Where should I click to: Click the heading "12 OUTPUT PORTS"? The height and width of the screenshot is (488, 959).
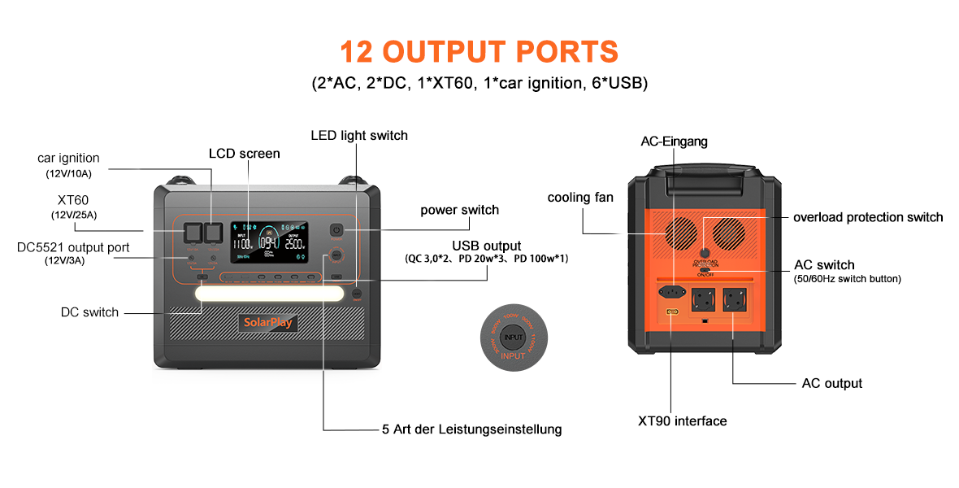(x=479, y=51)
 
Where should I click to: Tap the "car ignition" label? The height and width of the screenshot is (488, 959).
(x=68, y=158)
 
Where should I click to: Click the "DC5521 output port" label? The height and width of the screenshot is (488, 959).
(x=73, y=246)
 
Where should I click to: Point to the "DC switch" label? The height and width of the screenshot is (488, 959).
(x=89, y=312)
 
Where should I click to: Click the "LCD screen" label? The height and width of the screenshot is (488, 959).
(x=244, y=154)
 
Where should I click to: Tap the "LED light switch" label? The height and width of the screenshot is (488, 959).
(x=359, y=135)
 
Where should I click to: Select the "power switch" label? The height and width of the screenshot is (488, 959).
(x=459, y=210)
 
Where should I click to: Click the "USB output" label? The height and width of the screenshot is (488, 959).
(x=487, y=246)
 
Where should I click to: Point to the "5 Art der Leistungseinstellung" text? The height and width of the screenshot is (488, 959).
(x=471, y=429)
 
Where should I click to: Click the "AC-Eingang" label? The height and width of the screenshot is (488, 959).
(x=674, y=142)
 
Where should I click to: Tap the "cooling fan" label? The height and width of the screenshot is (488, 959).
(x=580, y=198)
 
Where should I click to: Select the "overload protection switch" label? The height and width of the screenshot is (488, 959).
(x=868, y=217)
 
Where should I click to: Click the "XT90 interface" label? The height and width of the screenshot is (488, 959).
(x=682, y=420)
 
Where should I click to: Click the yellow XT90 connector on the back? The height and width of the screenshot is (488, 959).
(x=672, y=312)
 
